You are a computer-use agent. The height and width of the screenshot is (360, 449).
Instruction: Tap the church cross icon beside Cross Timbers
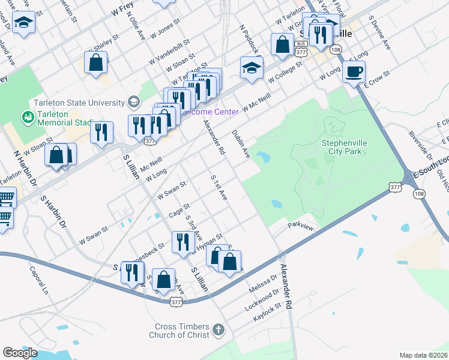pyautogui.click(x=218, y=329)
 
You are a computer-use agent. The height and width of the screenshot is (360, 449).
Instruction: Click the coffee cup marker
pyautogui.click(x=354, y=72)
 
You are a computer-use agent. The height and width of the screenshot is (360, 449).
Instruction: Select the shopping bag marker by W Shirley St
pyautogui.click(x=95, y=62)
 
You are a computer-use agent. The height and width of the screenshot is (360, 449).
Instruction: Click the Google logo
pyautogui.click(x=20, y=353)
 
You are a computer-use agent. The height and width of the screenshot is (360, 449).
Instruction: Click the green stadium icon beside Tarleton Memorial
pyautogui.click(x=26, y=115)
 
